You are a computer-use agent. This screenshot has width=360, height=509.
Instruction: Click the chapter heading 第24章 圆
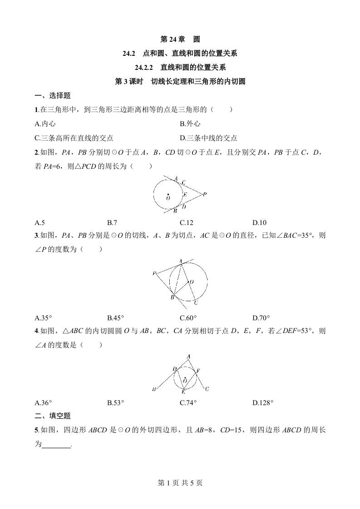pos(180,39)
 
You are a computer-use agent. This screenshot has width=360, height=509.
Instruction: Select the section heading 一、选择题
pos(53,96)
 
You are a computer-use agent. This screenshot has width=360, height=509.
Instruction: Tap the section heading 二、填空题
pos(53,416)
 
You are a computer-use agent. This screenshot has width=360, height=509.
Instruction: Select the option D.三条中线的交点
pos(208,138)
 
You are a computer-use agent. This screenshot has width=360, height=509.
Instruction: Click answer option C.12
pos(187,222)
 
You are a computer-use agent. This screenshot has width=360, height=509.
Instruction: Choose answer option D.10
pos(259,222)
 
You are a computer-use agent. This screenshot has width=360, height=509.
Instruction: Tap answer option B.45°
pos(116,318)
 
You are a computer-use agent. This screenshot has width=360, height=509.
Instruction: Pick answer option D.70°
pos(261,318)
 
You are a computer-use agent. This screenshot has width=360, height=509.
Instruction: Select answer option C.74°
pos(188,402)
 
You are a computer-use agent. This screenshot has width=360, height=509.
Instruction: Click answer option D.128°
pos(263,402)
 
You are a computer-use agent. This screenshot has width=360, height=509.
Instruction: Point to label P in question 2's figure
pos(205,194)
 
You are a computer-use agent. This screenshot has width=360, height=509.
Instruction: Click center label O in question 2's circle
pos(168,198)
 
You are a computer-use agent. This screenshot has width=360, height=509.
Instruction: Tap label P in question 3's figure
pos(155,273)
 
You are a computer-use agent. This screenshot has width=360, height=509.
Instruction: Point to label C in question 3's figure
pos(195,302)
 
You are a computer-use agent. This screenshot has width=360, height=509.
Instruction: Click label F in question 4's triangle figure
pos(198,371)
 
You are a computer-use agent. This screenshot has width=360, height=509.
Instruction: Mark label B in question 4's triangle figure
pos(154,389)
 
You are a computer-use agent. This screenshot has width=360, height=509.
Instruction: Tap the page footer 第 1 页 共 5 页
pos(180,483)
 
